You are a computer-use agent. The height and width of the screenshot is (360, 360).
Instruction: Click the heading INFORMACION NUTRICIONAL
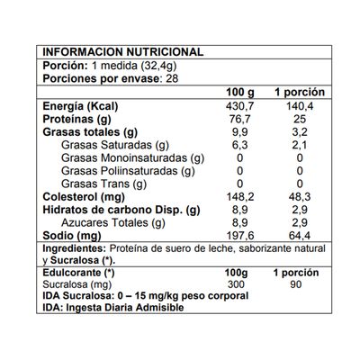[122, 52]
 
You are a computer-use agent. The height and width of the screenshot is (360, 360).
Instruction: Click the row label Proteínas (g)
[78, 119]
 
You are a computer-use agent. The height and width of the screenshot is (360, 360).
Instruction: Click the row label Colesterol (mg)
[82, 196]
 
